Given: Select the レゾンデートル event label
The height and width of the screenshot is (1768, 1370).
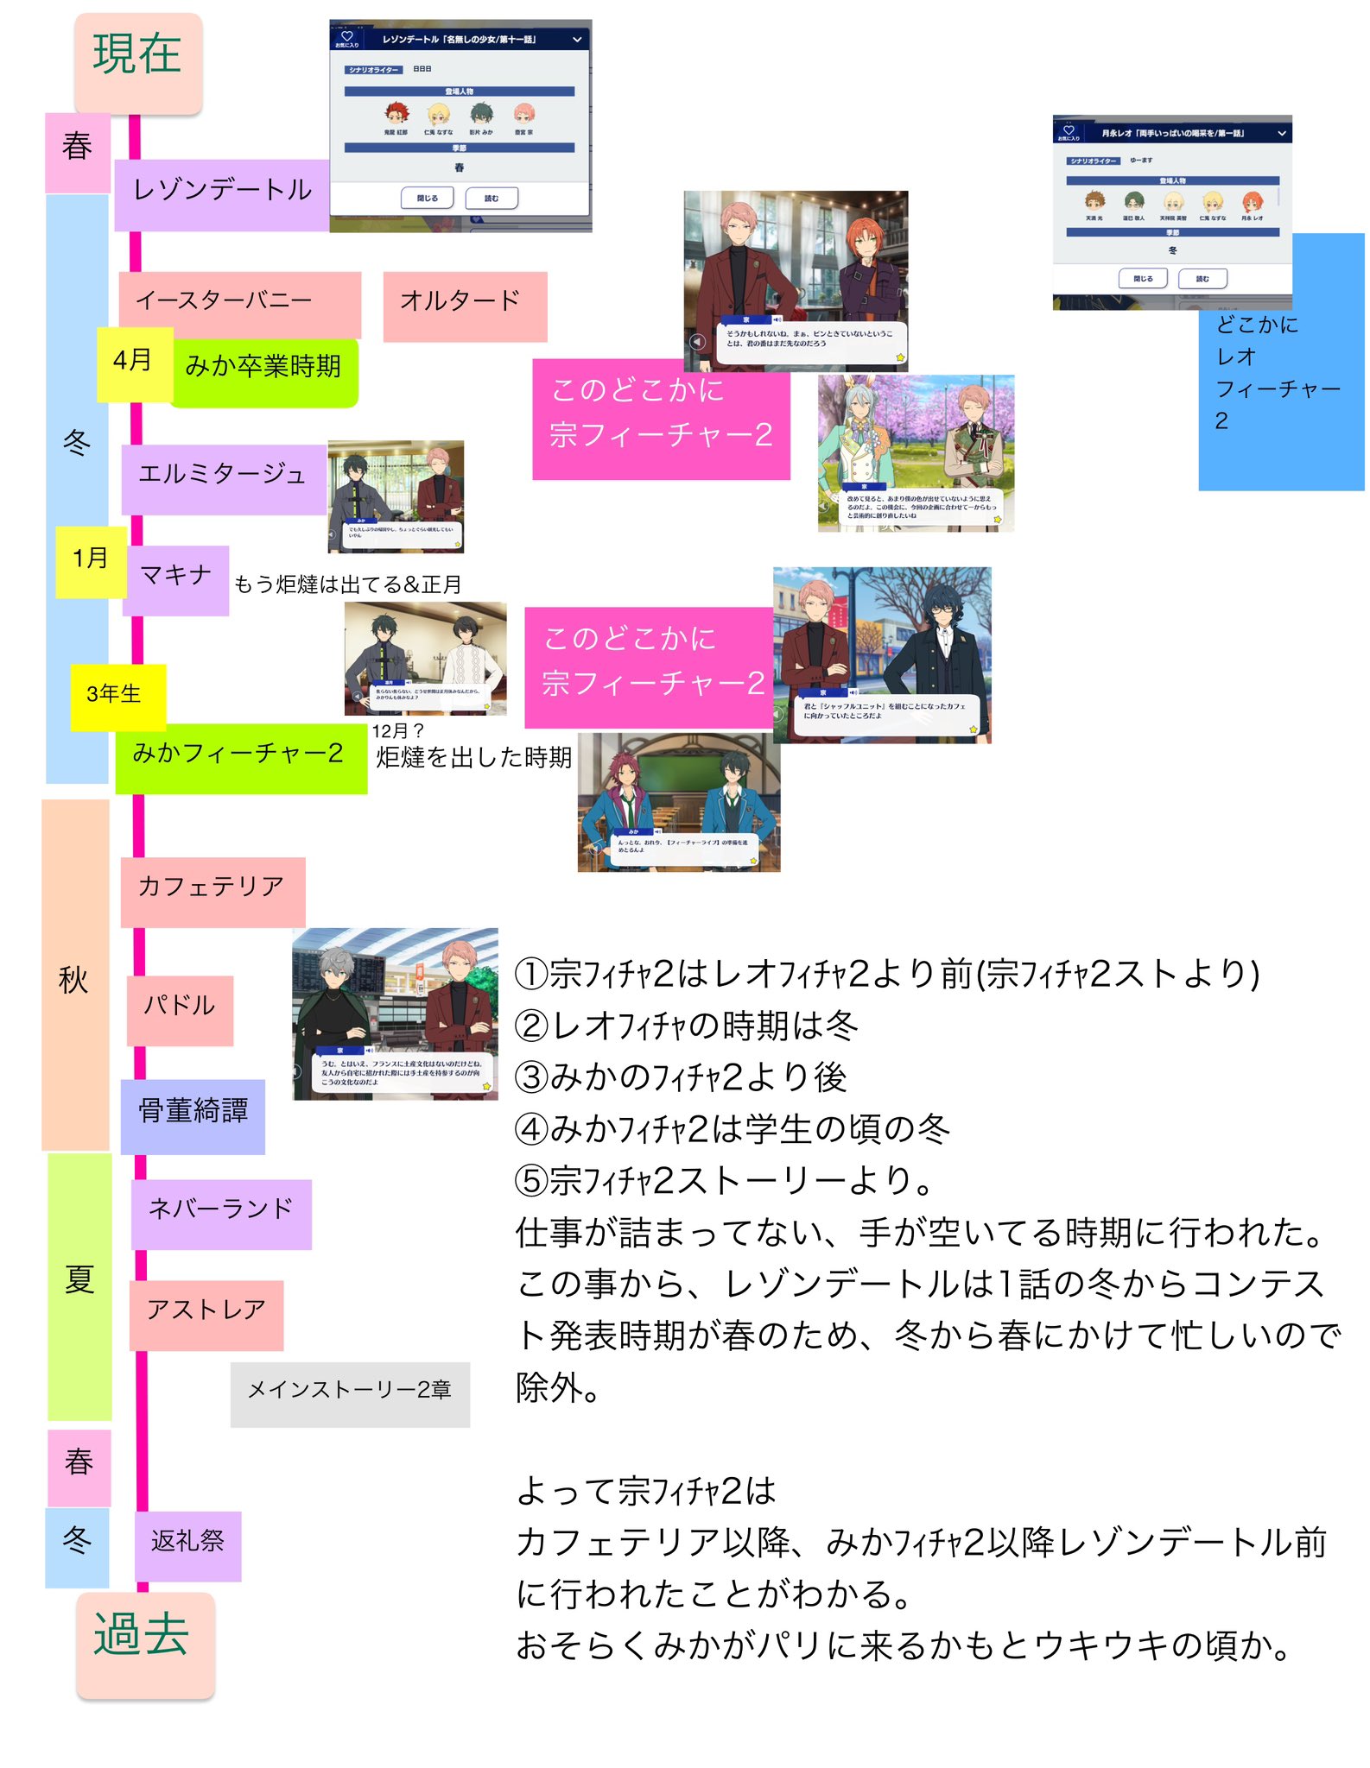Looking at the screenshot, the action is point(221,193).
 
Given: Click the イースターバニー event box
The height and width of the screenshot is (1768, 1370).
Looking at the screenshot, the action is point(239,304).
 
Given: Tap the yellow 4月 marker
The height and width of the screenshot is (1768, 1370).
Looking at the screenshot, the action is point(133,363).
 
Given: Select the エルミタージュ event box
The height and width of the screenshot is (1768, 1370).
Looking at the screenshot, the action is point(223,477).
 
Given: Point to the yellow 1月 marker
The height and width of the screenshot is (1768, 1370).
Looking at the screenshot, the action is point(91,561).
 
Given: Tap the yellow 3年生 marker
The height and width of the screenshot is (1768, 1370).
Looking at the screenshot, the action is point(116,696).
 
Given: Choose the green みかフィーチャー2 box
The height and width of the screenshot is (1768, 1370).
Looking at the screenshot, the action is point(240,757).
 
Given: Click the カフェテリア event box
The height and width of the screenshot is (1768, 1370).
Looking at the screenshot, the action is point(212,891).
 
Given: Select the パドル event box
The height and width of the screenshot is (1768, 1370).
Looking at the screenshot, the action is point(180,1009).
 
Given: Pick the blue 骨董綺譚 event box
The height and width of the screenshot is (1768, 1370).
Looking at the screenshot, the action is point(193,1114).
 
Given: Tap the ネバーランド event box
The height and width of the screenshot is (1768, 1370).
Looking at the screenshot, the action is point(221,1213).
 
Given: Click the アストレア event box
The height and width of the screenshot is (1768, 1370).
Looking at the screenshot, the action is point(206,1314).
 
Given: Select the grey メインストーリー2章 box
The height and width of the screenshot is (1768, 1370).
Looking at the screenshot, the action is point(350,1392).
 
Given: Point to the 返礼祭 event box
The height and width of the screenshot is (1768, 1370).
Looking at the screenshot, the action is point(187,1544).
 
